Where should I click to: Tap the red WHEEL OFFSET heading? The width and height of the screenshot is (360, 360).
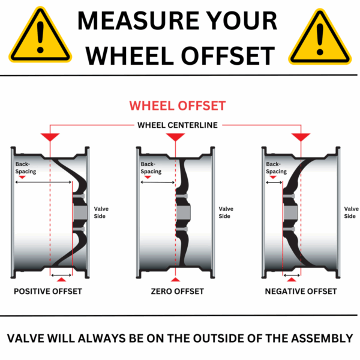pos(178,106)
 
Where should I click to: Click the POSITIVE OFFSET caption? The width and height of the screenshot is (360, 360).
pos(48,292)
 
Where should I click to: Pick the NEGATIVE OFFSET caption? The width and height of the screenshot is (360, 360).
pos(301,292)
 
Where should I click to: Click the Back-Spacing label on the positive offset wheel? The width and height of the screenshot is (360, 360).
pos(26,167)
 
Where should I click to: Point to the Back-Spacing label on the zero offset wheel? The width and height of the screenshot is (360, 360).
pos(151,167)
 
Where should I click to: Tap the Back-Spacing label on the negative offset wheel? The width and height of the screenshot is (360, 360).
pos(277,167)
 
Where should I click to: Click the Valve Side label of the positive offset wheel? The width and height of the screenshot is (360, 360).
pos(101,212)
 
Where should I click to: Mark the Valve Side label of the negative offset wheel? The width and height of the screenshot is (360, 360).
pos(351,212)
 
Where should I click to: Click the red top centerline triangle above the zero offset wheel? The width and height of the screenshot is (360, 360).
pos(175,137)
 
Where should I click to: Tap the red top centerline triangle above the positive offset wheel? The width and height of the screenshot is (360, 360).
pos(50,137)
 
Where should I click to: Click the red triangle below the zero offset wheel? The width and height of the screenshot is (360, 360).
pos(175,280)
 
